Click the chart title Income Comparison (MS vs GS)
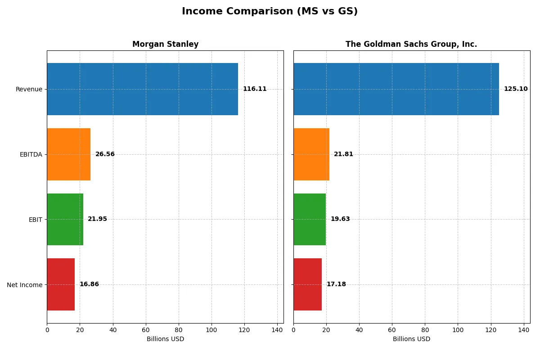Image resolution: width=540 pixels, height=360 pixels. point(270,12)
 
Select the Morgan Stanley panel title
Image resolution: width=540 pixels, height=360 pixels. point(165,45)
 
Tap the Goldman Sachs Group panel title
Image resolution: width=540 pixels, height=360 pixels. point(411,45)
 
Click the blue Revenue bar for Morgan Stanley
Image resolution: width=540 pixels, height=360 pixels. point(142,89)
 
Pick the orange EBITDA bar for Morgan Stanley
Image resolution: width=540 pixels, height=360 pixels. point(68,154)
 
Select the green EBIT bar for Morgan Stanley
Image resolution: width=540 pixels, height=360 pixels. point(65,219)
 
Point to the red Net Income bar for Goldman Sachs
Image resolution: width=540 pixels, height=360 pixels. point(307,284)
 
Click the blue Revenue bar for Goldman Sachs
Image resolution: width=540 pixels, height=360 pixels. point(396,89)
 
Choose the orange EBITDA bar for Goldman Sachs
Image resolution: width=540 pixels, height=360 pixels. point(311,154)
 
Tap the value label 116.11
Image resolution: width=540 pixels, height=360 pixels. point(255,89)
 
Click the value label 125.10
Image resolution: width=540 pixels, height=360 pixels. point(516,89)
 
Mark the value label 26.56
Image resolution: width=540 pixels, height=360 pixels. point(105,154)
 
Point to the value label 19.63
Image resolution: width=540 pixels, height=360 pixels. point(340,219)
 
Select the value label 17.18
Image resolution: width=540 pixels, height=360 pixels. point(336,284)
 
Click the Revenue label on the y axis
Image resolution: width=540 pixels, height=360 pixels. point(29,89)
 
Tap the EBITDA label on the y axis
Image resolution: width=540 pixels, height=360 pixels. point(31,154)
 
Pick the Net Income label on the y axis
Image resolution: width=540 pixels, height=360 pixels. point(25,284)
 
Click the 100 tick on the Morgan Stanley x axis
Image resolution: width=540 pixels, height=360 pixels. point(211,330)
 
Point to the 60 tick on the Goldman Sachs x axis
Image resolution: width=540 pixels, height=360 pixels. point(392,330)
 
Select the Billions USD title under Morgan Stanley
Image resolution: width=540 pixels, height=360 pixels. point(165,339)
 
